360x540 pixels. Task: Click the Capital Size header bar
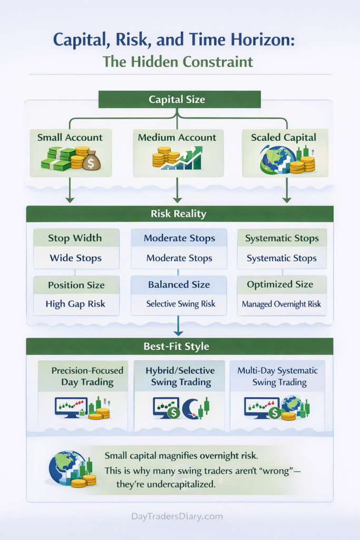(180, 99)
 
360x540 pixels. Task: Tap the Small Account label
(70, 138)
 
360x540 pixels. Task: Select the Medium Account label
(177, 138)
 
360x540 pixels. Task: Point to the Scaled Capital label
(284, 138)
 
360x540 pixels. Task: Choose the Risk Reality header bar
(180, 214)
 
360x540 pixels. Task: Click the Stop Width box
(76, 238)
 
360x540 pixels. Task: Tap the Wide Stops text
(76, 258)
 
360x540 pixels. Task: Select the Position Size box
(76, 285)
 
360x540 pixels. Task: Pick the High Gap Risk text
(76, 304)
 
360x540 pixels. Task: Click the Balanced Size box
(179, 285)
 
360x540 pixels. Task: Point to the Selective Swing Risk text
(179, 304)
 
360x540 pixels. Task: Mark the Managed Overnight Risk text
(281, 304)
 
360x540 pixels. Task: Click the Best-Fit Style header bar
(180, 346)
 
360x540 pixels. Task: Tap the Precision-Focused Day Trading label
(83, 376)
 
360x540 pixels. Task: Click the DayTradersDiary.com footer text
(180, 517)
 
